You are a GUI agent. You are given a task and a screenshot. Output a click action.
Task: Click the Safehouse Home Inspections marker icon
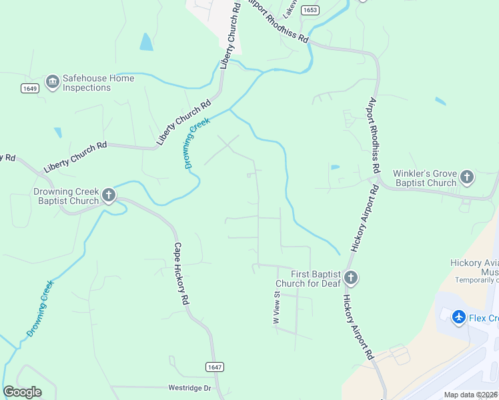tap(52, 83)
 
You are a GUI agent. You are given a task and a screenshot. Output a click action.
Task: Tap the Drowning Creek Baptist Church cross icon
tap(109, 195)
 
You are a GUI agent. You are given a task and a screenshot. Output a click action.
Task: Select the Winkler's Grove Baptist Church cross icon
tap(467, 177)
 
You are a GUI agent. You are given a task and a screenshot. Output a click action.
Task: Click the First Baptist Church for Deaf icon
tap(351, 278)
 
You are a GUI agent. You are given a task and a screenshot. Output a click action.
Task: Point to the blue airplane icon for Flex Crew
tap(459, 317)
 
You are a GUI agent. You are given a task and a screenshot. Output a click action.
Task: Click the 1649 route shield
tap(29, 88)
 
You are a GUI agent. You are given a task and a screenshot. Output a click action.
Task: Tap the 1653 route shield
tap(310, 10)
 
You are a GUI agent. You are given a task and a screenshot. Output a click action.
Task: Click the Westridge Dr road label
tap(189, 387)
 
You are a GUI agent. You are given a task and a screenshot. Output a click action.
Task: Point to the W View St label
tap(276, 308)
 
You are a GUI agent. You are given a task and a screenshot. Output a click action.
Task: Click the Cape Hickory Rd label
tap(181, 273)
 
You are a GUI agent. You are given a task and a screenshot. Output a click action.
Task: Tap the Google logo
tap(22, 392)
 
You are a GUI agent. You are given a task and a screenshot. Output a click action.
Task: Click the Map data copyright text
tap(470, 395)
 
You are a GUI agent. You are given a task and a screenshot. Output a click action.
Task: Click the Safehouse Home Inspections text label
tap(98, 83)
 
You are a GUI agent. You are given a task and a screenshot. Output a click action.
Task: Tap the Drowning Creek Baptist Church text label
tap(66, 195)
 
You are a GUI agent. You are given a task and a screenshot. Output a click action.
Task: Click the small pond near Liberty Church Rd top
tap(145, 42)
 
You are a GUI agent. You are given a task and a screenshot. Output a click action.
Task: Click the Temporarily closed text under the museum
tap(477, 280)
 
